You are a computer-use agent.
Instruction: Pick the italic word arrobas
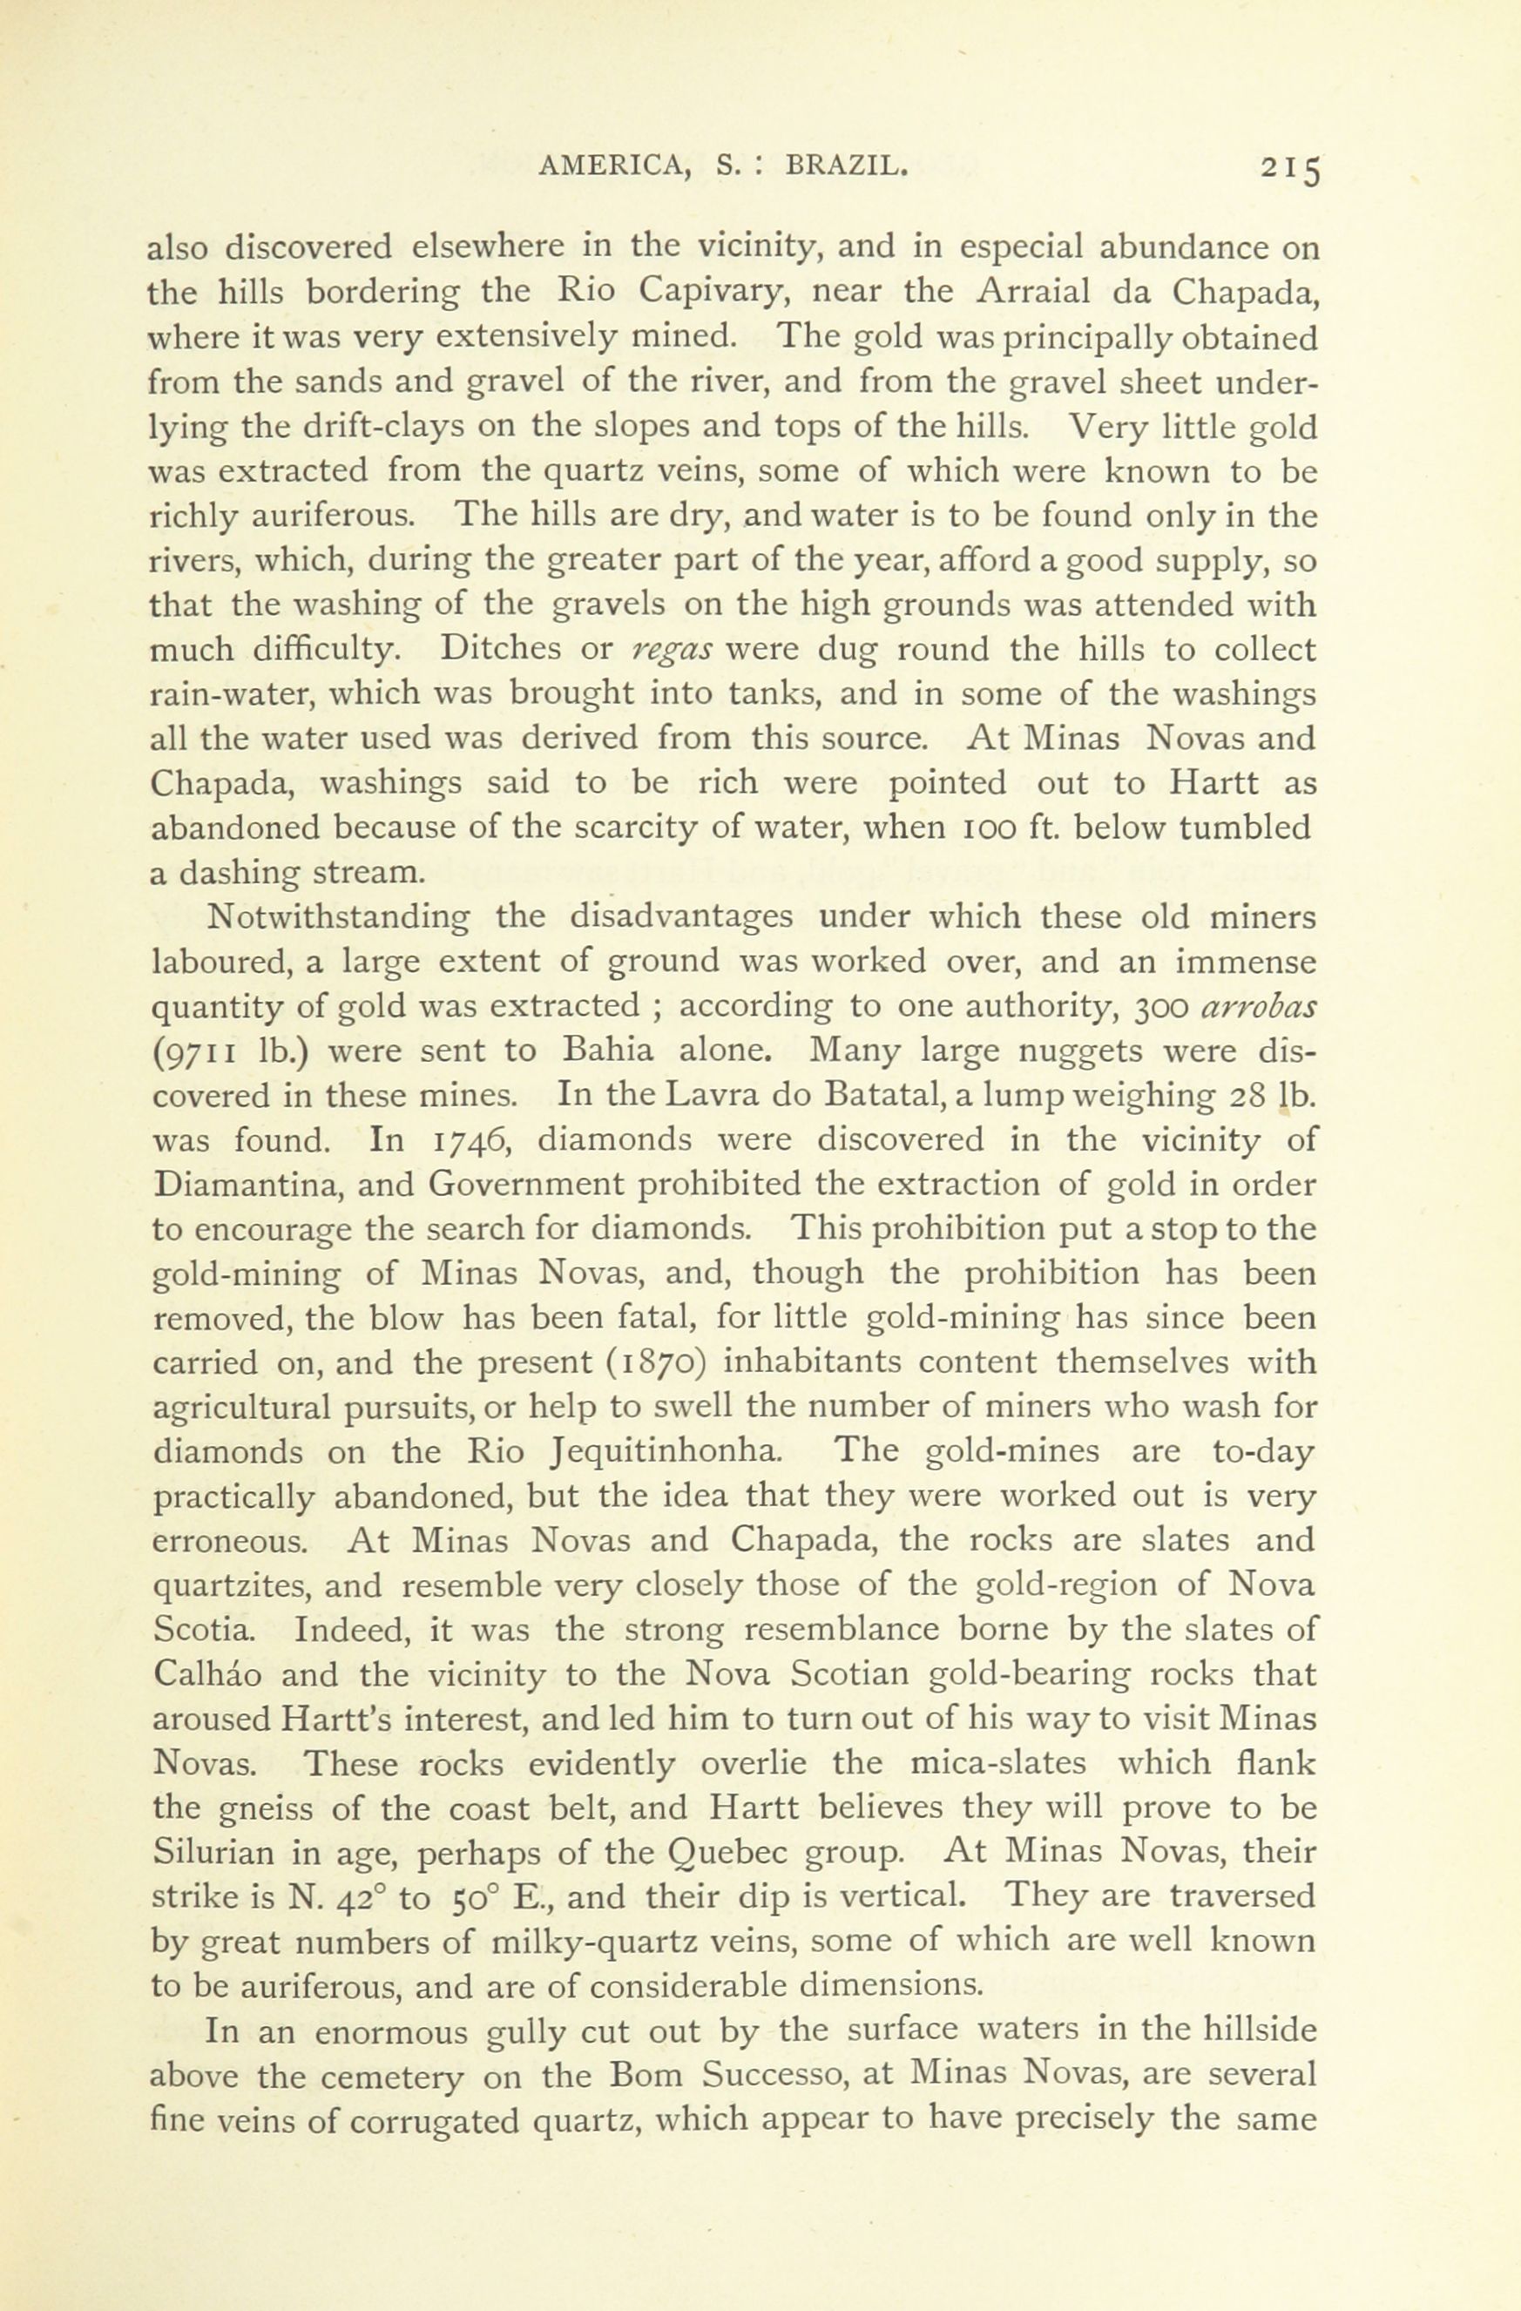click(1258, 1007)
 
